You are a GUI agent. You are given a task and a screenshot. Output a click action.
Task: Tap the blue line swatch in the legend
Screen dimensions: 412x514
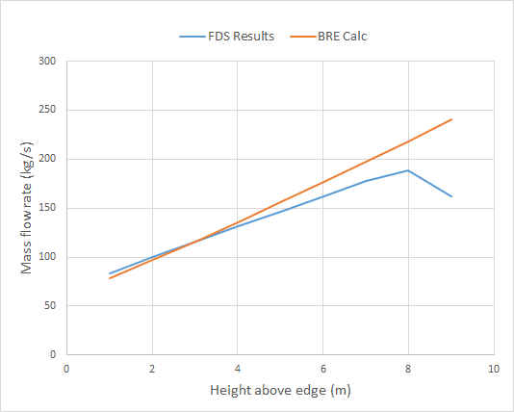(x=189, y=37)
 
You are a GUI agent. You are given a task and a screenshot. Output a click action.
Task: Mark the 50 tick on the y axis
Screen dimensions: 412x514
(x=51, y=306)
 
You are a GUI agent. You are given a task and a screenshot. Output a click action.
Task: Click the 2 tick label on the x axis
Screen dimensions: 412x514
(x=152, y=369)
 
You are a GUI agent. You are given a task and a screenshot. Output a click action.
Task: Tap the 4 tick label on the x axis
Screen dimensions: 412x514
(x=238, y=369)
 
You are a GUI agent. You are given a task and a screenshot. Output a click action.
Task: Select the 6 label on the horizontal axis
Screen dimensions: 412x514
(x=323, y=369)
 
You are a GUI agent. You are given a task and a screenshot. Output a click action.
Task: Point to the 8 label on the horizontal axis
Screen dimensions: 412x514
(x=409, y=369)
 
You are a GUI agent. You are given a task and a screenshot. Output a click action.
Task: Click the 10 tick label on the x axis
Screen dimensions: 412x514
(x=494, y=369)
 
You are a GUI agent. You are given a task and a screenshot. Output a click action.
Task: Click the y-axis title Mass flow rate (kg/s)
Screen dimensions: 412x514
(x=27, y=208)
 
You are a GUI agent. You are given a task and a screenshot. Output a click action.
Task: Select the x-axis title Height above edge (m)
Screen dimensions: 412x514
(x=280, y=391)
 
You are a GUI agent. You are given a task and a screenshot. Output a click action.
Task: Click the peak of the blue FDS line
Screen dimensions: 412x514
(x=409, y=170)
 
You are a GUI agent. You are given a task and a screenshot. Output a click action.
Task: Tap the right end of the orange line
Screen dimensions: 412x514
(x=451, y=119)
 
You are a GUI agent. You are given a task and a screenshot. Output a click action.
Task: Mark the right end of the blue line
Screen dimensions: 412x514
(x=451, y=196)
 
